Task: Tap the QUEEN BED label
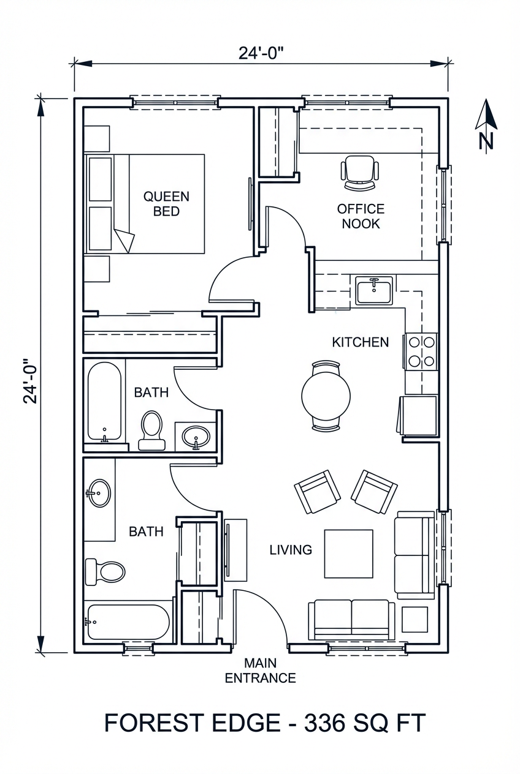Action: click(x=166, y=204)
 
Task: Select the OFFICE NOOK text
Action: click(x=361, y=216)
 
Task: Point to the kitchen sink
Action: click(x=373, y=290)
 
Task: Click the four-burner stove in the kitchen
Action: click(x=421, y=352)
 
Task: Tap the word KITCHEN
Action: click(x=360, y=342)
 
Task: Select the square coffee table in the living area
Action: click(x=348, y=554)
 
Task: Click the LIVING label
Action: click(x=291, y=550)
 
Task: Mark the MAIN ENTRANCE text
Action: click(x=260, y=671)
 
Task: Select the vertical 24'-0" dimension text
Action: click(x=31, y=381)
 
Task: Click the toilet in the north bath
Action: click(x=151, y=429)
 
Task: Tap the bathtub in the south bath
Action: click(x=128, y=622)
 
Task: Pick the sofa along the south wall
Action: click(x=351, y=619)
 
